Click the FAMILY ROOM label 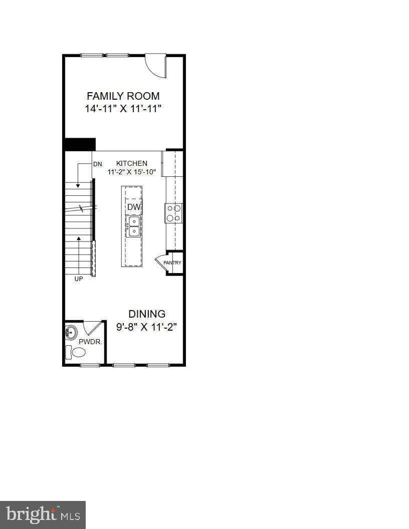(123, 96)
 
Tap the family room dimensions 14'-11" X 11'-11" (123, 108)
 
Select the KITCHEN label (132, 163)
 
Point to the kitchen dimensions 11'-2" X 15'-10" (132, 172)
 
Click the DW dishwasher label (133, 207)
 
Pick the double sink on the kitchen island (133, 226)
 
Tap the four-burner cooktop (174, 213)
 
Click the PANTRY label (172, 263)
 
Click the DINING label (147, 314)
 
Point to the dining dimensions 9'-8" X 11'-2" (147, 327)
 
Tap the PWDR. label (90, 342)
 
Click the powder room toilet (77, 352)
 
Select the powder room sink (71, 332)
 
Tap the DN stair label (97, 164)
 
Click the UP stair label (79, 279)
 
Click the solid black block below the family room (80, 144)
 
